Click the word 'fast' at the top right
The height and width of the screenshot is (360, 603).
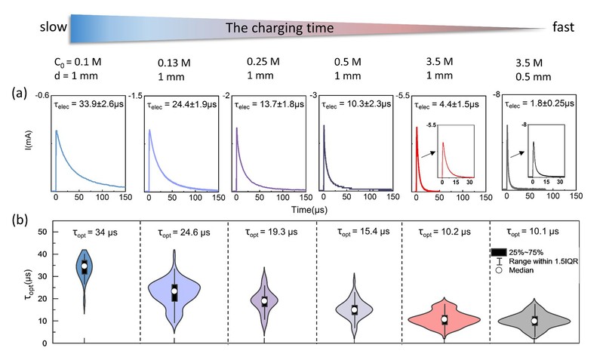[x=561, y=28]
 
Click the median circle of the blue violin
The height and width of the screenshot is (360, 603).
[x=85, y=266]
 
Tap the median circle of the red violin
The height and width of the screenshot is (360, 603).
[x=445, y=319]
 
